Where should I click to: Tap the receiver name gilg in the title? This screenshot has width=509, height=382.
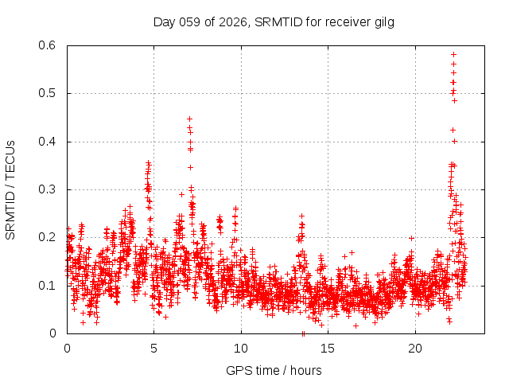[x=382, y=21]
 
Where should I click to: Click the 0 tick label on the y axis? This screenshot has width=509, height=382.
[x=56, y=333]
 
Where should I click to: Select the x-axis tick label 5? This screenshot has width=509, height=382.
[x=154, y=349]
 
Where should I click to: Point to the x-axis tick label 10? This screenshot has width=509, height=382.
[x=241, y=349]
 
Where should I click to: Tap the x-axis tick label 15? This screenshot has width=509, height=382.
[x=328, y=349]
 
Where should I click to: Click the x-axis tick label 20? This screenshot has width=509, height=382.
[x=415, y=349]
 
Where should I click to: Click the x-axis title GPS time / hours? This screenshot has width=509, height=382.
[x=274, y=370]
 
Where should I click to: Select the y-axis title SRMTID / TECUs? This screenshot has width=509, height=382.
[x=11, y=189]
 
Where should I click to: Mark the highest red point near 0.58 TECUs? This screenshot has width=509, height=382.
[x=453, y=54]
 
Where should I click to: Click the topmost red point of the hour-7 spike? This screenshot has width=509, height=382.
[x=189, y=119]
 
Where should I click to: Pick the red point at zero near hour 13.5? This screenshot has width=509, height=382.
[x=304, y=333]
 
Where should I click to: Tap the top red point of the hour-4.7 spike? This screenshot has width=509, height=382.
[x=148, y=162]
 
